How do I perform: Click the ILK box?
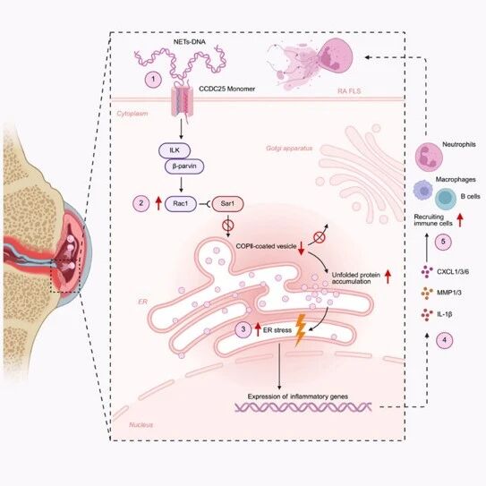[175, 150]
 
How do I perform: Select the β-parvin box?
[184, 166]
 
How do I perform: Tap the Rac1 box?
[181, 204]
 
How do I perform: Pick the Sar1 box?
[228, 204]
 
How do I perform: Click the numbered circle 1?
[153, 80]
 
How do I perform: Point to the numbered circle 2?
[141, 203]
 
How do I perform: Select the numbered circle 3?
[243, 329]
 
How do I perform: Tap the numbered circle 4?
[444, 340]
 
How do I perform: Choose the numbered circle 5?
[443, 242]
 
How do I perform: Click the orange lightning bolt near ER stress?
[300, 330]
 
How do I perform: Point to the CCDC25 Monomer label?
[226, 89]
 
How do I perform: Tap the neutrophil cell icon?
[429, 157]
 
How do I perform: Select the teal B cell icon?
[446, 200]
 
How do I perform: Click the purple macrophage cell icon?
[423, 190]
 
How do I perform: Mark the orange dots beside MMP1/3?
[427, 293]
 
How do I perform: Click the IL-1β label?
[445, 314]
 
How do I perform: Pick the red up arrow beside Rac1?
[158, 203]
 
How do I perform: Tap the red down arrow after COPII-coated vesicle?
[301, 249]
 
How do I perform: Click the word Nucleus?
[141, 424]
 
